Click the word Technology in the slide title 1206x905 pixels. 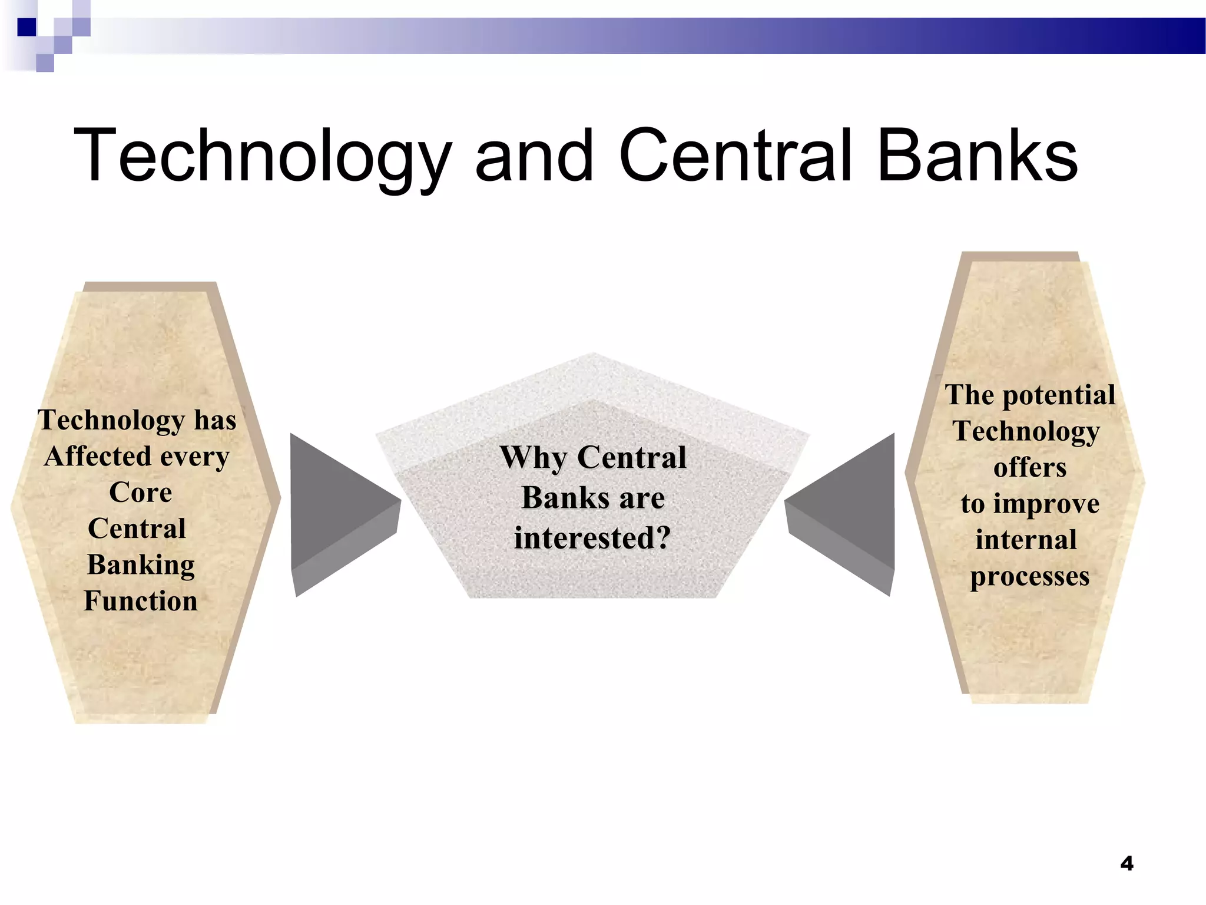[262, 156]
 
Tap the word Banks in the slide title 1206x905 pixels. [978, 156]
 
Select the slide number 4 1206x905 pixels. [1127, 864]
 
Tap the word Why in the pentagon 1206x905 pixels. [533, 458]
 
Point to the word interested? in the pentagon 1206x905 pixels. [592, 537]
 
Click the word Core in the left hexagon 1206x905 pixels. [141, 493]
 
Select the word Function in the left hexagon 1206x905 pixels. [141, 601]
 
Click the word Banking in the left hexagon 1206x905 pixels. [141, 564]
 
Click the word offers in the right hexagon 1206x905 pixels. [1030, 467]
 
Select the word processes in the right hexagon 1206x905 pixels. [1030, 576]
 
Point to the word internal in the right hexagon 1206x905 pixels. [1026, 540]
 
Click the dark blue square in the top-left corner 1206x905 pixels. [26, 27]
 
